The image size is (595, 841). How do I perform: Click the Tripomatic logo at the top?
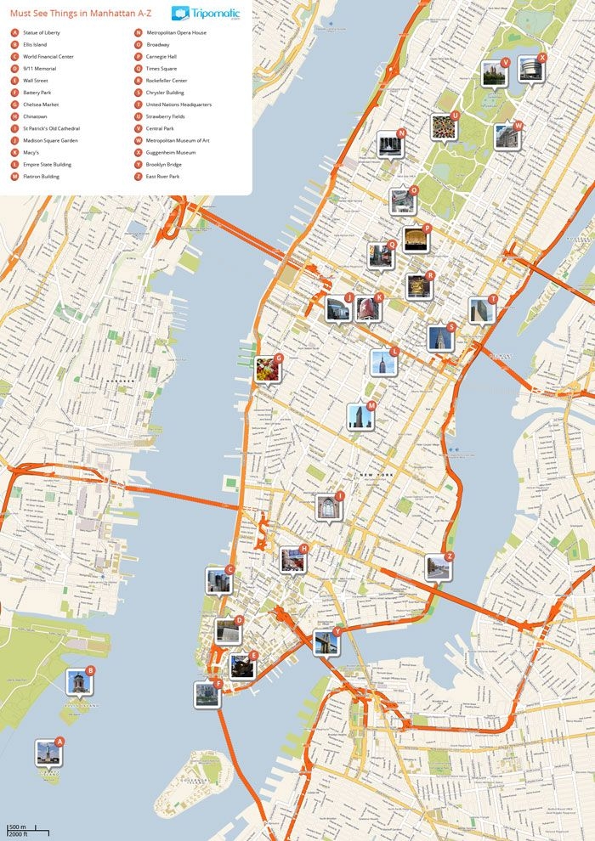coord(205,14)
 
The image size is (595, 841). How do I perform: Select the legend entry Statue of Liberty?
coord(42,32)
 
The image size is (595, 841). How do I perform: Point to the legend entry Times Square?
coord(161,69)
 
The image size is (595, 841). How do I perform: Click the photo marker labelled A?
coord(48,753)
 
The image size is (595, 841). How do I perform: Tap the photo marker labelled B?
coord(79,681)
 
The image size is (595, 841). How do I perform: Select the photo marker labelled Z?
coord(438,567)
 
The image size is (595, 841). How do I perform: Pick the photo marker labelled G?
coord(268,369)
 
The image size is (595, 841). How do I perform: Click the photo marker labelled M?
coord(360,416)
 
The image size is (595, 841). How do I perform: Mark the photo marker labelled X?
coord(530,69)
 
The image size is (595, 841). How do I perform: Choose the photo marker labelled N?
coord(390,144)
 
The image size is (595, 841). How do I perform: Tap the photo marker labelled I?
coord(328,507)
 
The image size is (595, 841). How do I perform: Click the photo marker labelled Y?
coord(326,642)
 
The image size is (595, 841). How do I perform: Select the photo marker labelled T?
coord(482,310)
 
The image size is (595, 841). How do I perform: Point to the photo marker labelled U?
coord(443,127)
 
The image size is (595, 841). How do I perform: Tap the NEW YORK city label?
coord(375,474)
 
